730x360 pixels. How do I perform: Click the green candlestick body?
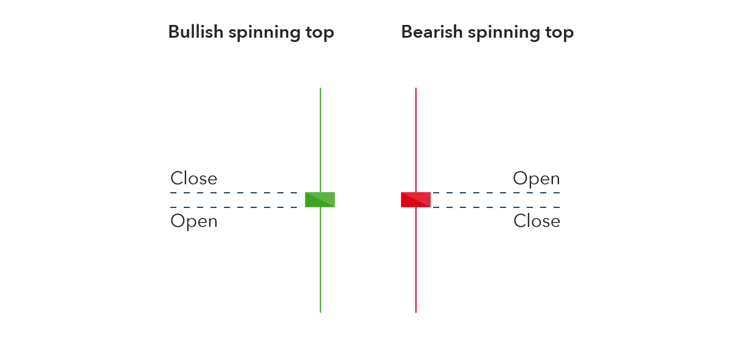click(x=320, y=199)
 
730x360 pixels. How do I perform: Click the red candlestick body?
click(x=415, y=199)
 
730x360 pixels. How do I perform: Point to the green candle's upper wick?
click(x=321, y=140)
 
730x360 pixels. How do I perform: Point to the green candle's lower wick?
click(x=321, y=260)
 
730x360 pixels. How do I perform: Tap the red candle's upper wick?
click(x=416, y=140)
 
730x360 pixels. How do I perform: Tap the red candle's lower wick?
click(x=416, y=260)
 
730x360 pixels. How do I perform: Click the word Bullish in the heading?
click(x=196, y=32)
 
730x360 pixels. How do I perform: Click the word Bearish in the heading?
click(x=432, y=32)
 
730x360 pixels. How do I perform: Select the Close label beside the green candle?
click(x=193, y=178)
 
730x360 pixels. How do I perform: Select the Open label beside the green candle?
click(x=193, y=221)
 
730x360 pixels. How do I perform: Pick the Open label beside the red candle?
click(x=537, y=179)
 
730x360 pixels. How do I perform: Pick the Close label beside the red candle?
click(x=537, y=221)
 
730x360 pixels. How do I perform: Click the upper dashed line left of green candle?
click(x=234, y=193)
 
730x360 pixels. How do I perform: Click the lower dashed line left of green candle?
click(x=234, y=207)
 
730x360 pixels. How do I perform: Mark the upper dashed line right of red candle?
click(x=496, y=193)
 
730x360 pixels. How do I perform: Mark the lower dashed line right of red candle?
click(x=496, y=207)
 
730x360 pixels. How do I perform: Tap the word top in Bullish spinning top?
click(x=320, y=33)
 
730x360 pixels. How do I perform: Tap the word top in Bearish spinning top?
click(x=559, y=33)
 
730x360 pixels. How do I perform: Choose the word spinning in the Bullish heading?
click(x=264, y=33)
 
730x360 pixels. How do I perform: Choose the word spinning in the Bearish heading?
click(x=504, y=33)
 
